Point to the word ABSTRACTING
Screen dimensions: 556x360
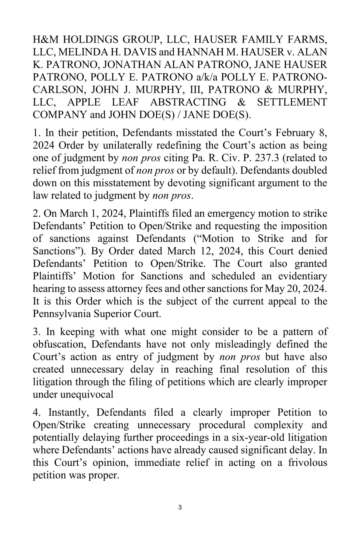tap(188, 103)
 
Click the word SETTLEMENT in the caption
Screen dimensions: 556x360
tap(292, 103)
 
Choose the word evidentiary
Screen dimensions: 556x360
tap(303, 276)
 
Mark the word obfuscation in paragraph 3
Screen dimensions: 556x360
tap(59, 344)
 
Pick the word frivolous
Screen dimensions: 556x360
tap(307, 463)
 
